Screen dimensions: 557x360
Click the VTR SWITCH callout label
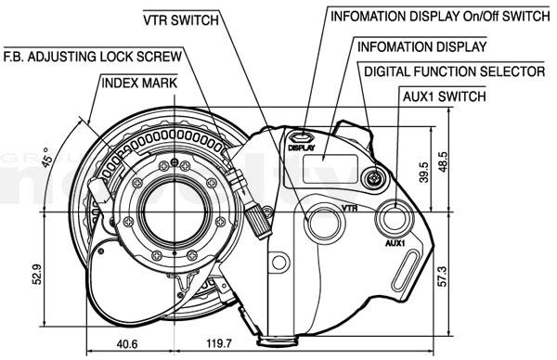pyautogui.click(x=181, y=19)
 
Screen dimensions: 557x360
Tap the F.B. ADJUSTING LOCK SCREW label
pyautogui.click(x=93, y=57)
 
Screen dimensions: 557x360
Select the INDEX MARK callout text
pyautogui.click(x=139, y=84)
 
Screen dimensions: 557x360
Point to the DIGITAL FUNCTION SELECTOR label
pyautogui.click(x=454, y=71)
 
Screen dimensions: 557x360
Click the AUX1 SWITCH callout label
pyautogui.click(x=444, y=96)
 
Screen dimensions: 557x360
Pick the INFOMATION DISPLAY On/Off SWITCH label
pyautogui.click(x=440, y=17)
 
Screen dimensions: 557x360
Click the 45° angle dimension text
pyautogui.click(x=47, y=156)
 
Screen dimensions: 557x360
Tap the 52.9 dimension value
pyautogui.click(x=37, y=274)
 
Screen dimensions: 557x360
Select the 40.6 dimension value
pyautogui.click(x=127, y=343)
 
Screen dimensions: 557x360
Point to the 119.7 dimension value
pyautogui.click(x=219, y=343)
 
